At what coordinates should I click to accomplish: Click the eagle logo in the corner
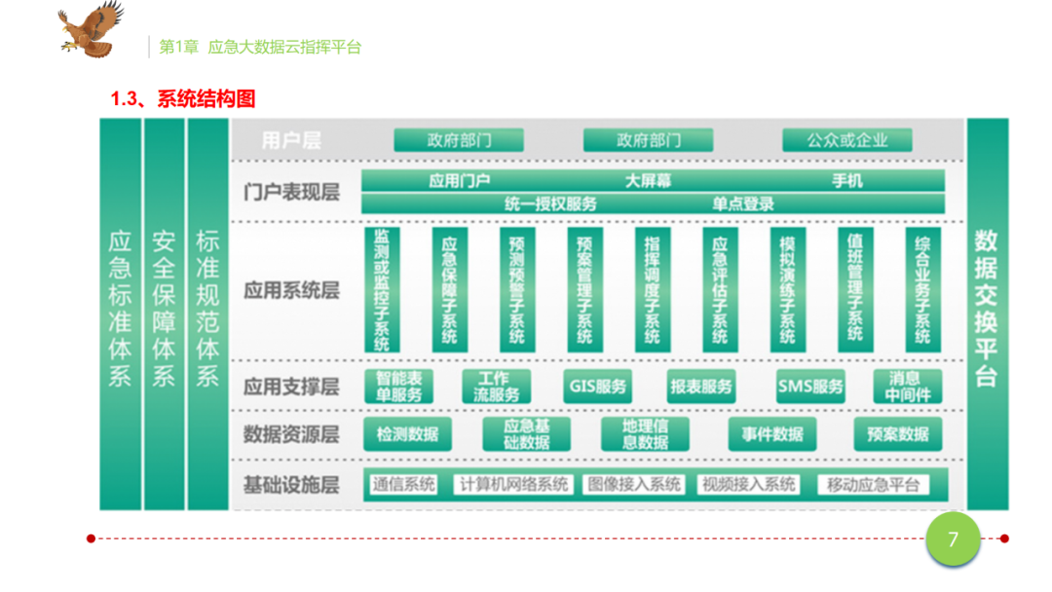pyautogui.click(x=91, y=29)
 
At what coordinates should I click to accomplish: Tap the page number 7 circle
pyautogui.click(x=953, y=539)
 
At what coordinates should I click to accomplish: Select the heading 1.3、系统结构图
pyautogui.click(x=183, y=99)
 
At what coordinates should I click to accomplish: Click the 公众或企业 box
pyautogui.click(x=846, y=140)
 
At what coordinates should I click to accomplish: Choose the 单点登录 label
pyautogui.click(x=743, y=203)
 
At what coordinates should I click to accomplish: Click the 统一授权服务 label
pyautogui.click(x=550, y=203)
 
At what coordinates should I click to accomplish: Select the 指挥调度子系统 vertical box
pyautogui.click(x=652, y=289)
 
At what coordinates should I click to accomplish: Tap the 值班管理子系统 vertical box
pyautogui.click(x=854, y=289)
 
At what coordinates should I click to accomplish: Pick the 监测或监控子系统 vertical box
pyautogui.click(x=382, y=289)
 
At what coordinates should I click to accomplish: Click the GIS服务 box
pyautogui.click(x=596, y=387)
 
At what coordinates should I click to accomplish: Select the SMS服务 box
pyautogui.click(x=810, y=387)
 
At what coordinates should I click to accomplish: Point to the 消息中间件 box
pyautogui.click(x=908, y=387)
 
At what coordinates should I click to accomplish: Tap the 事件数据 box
pyautogui.click(x=772, y=434)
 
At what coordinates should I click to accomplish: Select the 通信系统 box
pyautogui.click(x=403, y=485)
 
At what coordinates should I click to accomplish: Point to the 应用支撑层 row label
pyautogui.click(x=291, y=387)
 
